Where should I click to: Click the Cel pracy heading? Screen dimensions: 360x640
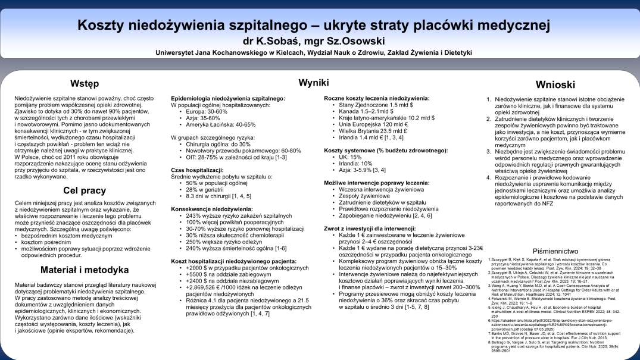tap(85, 190)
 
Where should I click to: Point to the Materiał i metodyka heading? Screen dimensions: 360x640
tap(85, 270)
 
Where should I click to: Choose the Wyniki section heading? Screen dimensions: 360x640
tap(313, 82)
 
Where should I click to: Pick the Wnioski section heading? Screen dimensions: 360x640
tap(555, 84)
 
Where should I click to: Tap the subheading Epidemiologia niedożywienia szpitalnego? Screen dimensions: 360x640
tap(228, 98)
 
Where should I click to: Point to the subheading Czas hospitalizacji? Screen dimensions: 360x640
tap(198, 170)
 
